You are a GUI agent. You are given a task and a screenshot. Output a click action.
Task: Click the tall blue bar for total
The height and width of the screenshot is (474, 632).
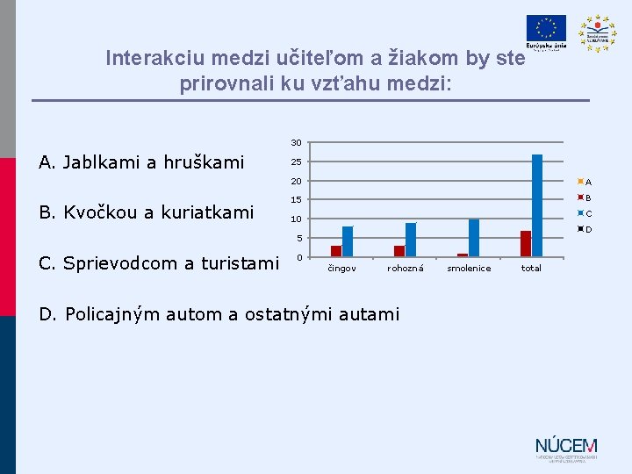537,205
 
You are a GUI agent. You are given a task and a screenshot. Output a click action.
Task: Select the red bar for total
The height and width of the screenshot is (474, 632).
526,244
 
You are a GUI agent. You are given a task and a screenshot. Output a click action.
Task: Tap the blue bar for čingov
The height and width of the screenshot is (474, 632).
348,241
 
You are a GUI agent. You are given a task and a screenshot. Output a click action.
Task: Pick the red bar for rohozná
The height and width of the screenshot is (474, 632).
399,251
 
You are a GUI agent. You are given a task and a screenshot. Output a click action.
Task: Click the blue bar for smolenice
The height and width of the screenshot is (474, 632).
474,238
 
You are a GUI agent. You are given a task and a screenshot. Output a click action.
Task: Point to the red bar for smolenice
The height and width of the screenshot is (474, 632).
463,255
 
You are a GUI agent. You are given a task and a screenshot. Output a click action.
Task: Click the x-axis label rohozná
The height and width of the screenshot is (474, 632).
406,269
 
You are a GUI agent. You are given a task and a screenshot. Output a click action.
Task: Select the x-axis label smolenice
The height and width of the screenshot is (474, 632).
469,269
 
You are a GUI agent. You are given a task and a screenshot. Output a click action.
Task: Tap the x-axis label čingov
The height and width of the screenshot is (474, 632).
342,269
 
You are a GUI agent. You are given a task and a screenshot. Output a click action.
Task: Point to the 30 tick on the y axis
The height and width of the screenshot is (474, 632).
297,142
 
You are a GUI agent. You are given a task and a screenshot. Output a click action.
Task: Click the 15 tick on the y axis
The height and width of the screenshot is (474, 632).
297,200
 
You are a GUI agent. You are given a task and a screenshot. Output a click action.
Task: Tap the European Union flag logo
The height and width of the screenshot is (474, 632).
546,29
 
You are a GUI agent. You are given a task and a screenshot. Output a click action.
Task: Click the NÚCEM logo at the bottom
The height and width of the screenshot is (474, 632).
566,448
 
